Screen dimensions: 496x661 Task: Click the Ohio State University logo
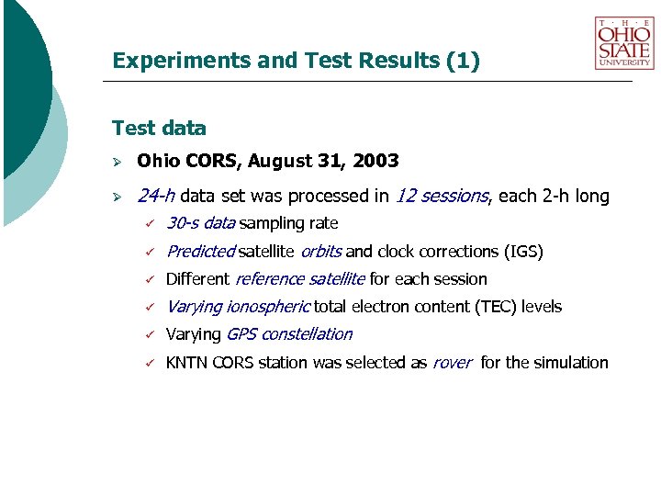pyautogui.click(x=624, y=42)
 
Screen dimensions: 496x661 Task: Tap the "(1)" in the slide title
pyautogui.click(x=462, y=62)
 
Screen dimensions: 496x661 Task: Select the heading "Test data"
pyautogui.click(x=159, y=129)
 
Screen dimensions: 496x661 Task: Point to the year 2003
pyautogui.click(x=378, y=162)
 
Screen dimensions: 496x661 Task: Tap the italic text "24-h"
pyautogui.click(x=156, y=196)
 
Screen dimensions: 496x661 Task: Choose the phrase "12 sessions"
pyautogui.click(x=442, y=196)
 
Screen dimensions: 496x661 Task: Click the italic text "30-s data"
pyautogui.click(x=201, y=223)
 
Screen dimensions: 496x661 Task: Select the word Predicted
pyautogui.click(x=201, y=251)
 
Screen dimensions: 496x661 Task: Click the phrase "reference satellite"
pyautogui.click(x=300, y=279)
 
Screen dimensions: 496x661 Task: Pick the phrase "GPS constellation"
pyautogui.click(x=289, y=334)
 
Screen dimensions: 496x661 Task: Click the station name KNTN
pyautogui.click(x=186, y=363)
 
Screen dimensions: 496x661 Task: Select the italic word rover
pyautogui.click(x=452, y=363)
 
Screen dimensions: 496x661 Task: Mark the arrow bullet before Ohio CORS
pyautogui.click(x=117, y=163)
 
